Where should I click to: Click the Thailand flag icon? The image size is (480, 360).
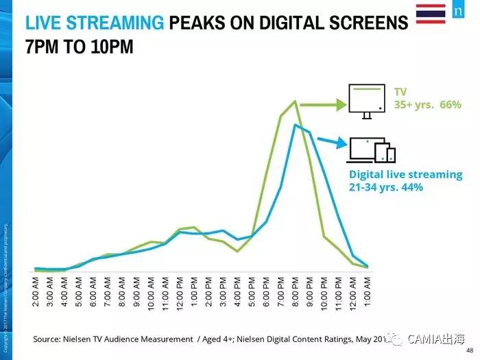pos(430,13)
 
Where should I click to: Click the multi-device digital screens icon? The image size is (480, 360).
pos(371,150)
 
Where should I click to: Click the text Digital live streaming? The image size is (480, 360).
pos(405,174)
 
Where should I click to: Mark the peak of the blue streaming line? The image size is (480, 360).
pos(296,125)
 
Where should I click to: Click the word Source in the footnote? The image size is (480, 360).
pos(49,339)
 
